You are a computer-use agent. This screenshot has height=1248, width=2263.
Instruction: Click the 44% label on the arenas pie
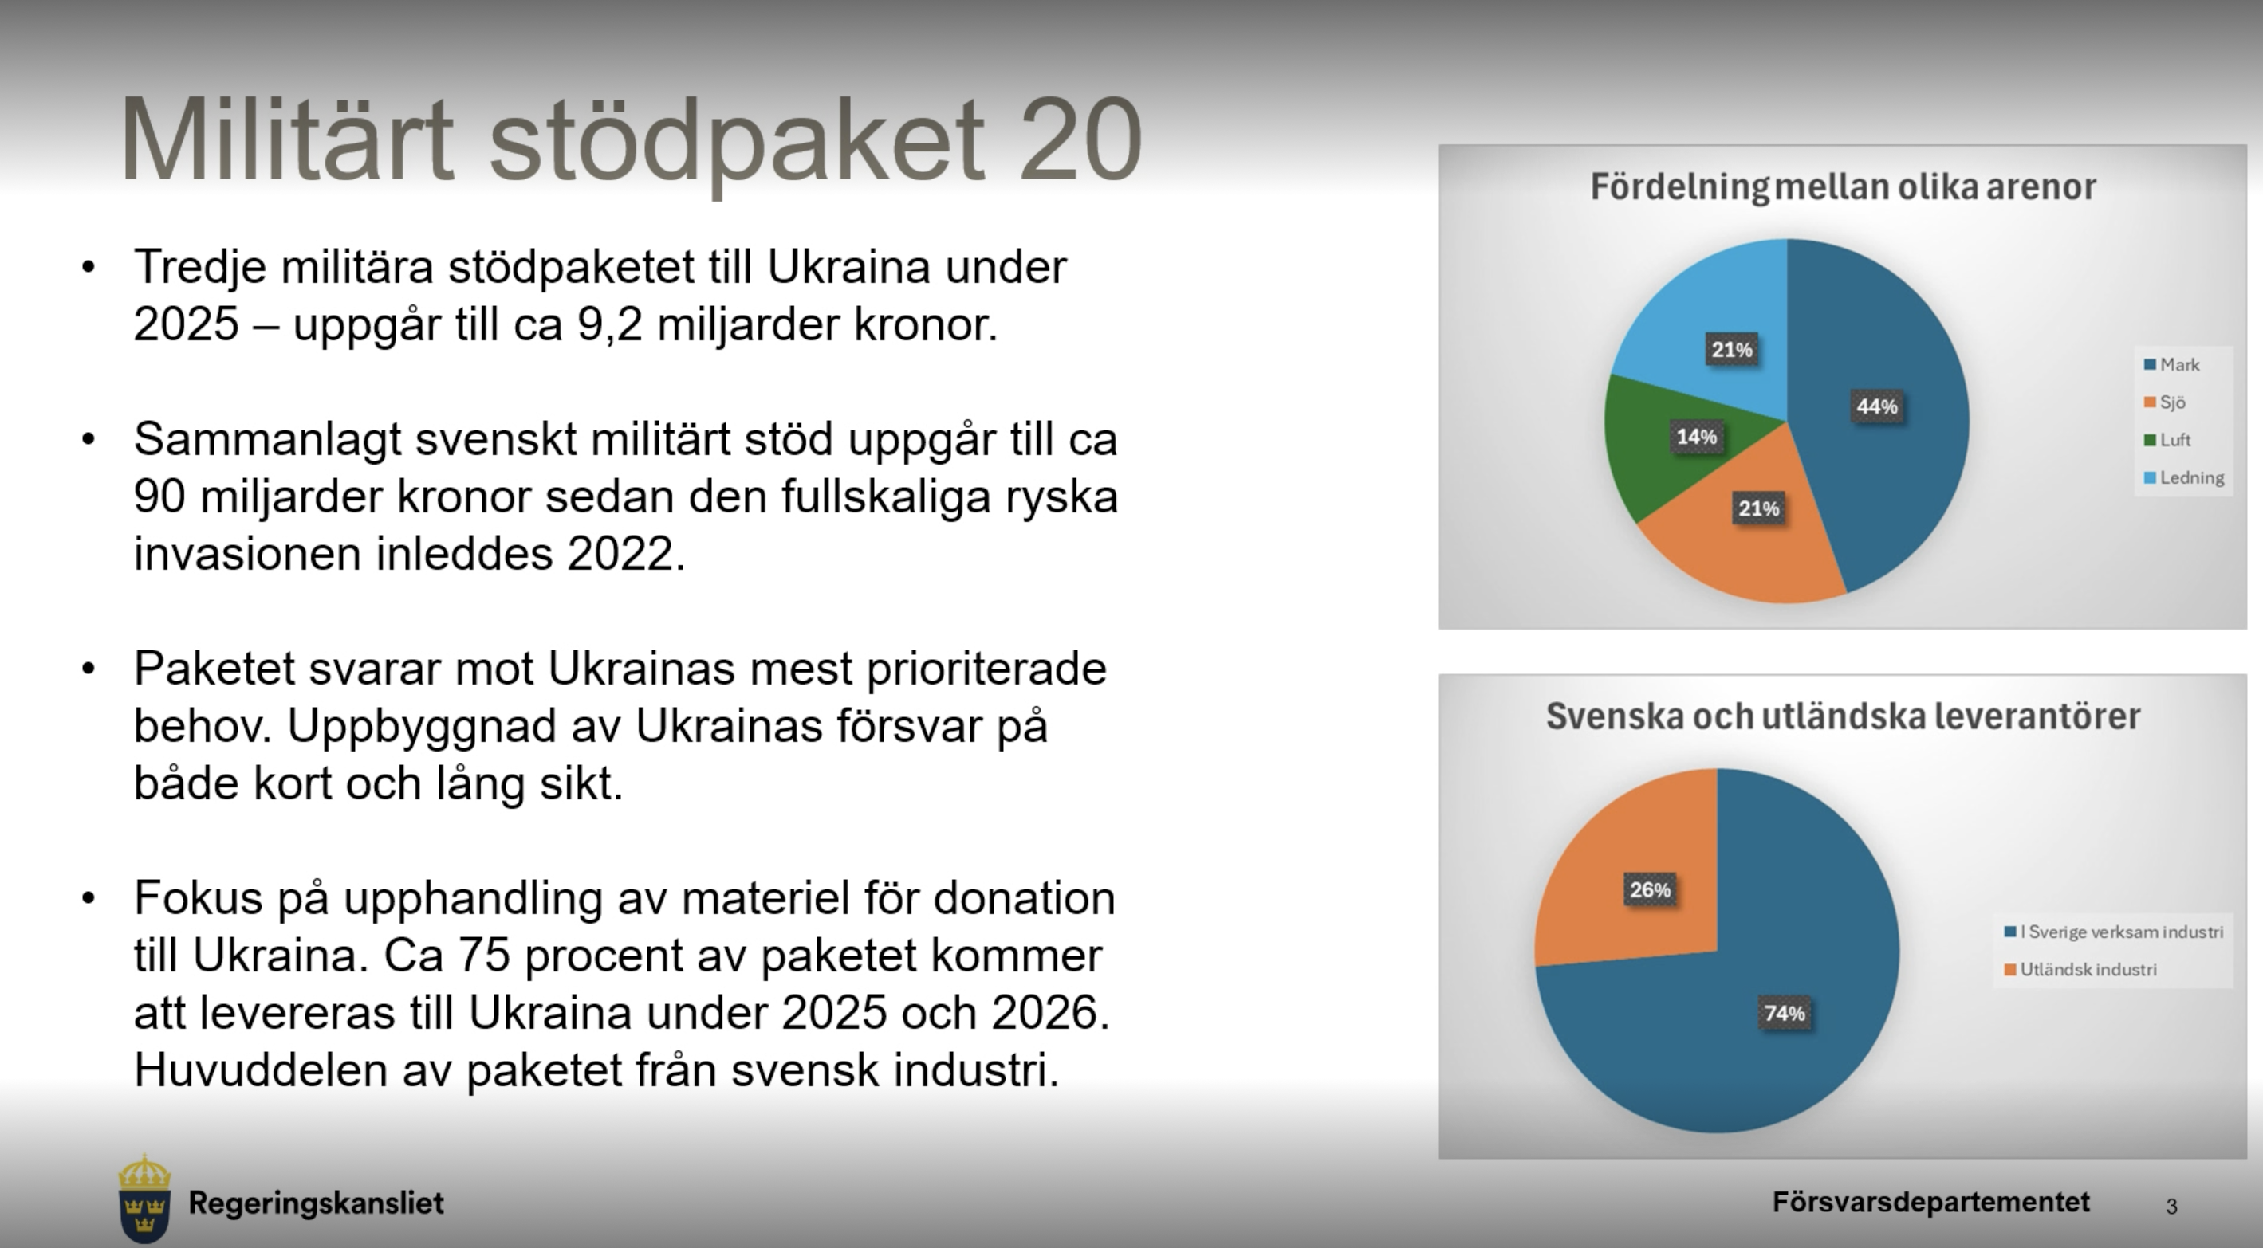coord(1876,406)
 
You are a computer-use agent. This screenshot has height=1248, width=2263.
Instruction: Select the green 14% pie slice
coord(1669,448)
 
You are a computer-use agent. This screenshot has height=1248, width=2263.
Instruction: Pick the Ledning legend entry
coord(2184,478)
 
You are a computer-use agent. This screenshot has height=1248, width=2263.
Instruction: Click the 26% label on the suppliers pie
coord(1650,889)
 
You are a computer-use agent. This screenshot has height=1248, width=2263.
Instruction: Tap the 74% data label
coord(1785,1014)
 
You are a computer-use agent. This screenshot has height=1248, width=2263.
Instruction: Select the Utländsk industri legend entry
coord(2080,970)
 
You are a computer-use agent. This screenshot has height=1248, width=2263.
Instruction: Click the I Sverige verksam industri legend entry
coord(2114,932)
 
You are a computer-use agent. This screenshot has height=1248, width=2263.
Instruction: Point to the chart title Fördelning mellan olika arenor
coord(1843,187)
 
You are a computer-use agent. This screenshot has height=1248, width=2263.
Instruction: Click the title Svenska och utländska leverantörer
coord(1843,716)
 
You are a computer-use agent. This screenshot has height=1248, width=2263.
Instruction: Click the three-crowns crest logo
coord(144,1199)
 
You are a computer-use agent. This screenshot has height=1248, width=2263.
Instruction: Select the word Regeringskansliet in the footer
coord(317,1203)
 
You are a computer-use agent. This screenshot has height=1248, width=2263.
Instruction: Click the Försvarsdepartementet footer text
coord(1931,1203)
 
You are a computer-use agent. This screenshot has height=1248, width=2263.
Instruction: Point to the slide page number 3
coord(2171,1207)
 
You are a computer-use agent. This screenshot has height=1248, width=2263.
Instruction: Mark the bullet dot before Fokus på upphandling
coord(88,897)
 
